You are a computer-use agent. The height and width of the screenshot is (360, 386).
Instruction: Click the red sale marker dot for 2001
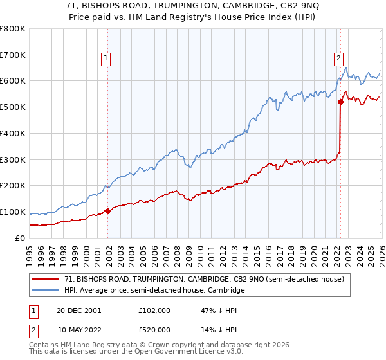(x=107, y=211)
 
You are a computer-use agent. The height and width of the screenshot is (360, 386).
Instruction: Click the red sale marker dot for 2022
(x=340, y=102)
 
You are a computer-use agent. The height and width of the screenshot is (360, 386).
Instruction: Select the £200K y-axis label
(x=13, y=186)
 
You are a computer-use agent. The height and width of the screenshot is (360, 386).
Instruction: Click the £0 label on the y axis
(x=19, y=238)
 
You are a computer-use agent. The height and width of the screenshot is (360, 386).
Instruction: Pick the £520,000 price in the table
(x=155, y=329)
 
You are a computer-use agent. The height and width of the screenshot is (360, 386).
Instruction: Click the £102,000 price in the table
(x=155, y=310)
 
